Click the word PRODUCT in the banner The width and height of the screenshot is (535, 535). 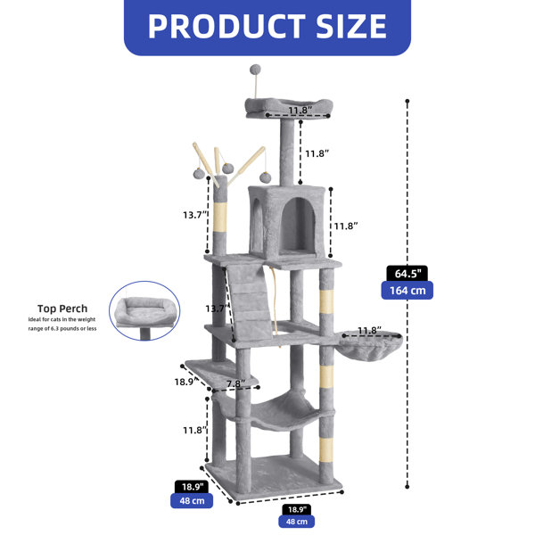(x=226, y=27)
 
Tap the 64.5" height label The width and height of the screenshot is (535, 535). (x=407, y=274)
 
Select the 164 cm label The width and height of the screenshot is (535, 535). (x=407, y=291)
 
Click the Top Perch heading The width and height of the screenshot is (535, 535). (x=62, y=309)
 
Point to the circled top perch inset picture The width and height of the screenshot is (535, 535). (x=144, y=310)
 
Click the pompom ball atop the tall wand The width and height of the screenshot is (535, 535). (x=255, y=70)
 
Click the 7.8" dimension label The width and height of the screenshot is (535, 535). (x=235, y=383)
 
